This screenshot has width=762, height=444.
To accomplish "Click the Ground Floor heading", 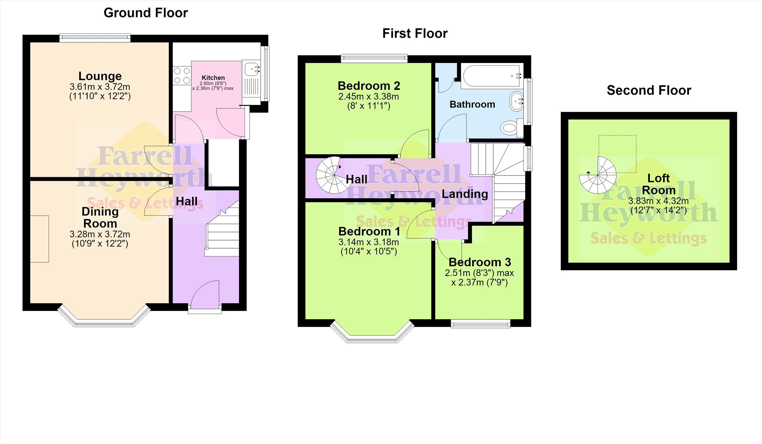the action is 146,13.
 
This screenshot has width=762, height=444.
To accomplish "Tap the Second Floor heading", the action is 649,90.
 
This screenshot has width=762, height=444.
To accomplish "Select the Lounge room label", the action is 100,76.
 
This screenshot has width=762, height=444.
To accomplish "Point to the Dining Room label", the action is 100,217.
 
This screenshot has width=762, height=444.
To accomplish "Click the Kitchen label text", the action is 213,78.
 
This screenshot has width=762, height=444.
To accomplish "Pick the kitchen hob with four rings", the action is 182,76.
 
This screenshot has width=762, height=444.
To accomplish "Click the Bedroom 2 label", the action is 369,86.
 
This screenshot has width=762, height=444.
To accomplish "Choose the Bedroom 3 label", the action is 480,262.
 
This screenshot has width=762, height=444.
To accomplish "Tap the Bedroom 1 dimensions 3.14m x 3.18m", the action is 369,242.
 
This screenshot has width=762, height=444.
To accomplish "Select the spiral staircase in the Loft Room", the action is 598,175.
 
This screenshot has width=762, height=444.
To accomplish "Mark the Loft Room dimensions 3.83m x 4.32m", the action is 658,201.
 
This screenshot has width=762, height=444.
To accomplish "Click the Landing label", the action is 465,194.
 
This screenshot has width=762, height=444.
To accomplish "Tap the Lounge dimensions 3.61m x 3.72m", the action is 100,87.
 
